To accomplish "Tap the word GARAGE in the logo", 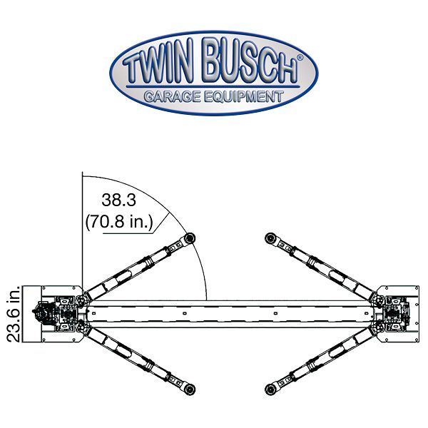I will click(170, 97).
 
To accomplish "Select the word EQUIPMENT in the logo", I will click(243, 97).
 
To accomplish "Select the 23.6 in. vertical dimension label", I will click(12, 314).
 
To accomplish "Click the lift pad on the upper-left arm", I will click(190, 238).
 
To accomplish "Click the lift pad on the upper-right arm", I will click(270, 238).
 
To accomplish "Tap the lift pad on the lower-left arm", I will click(190, 389).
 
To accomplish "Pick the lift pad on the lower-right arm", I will click(270, 389).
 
